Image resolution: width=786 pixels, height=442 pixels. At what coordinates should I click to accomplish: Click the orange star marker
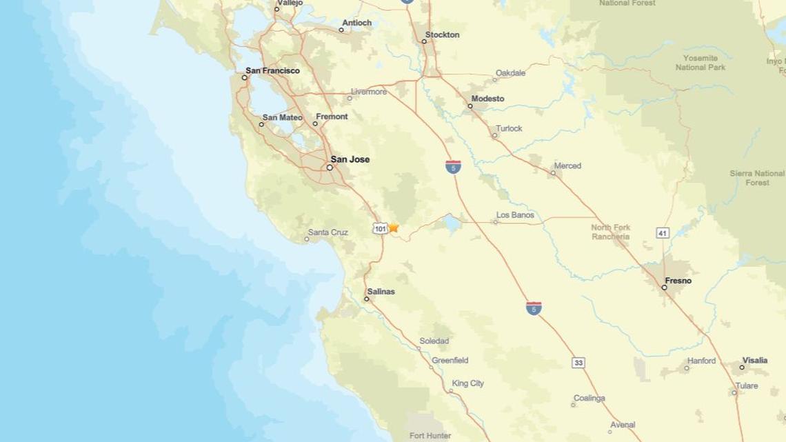394,227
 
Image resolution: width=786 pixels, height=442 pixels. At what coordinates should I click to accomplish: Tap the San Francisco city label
273,70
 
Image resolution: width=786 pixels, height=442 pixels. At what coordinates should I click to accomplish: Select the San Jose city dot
330,167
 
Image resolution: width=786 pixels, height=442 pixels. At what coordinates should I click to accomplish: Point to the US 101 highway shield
380,228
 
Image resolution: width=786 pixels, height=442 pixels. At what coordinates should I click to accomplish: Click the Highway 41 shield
663,234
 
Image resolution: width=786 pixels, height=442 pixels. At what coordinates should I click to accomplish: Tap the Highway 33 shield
578,363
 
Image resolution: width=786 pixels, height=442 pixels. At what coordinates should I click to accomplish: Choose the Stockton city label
443,34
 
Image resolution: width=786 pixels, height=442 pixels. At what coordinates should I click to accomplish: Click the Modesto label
487,99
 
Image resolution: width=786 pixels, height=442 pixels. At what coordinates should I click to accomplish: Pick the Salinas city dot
367,299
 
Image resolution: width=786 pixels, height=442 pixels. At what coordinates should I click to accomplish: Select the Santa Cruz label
328,232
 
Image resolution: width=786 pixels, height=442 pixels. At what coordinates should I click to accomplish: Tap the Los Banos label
516,215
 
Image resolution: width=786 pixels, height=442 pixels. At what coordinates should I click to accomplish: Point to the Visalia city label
754,360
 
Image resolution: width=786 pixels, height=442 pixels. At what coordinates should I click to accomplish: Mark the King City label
468,383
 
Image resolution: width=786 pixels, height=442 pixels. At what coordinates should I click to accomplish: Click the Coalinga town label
589,399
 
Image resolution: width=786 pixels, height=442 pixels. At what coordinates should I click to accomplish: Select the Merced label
568,165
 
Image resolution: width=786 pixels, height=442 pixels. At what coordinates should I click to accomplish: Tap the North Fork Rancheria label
611,232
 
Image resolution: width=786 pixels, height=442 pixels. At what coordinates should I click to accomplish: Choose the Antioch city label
357,23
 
